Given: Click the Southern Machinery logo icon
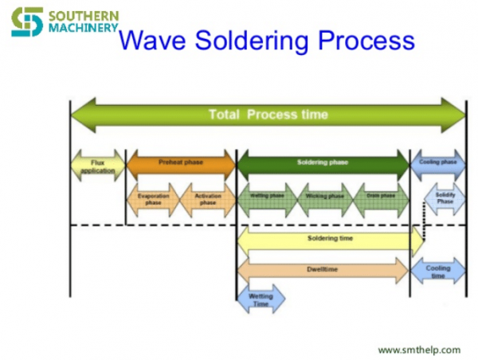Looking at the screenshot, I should click(26, 22).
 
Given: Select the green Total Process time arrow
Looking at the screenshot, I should click(268, 115).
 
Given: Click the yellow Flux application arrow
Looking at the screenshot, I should click(98, 166).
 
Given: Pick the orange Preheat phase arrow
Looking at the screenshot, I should click(181, 162).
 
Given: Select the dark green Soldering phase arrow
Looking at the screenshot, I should click(323, 162).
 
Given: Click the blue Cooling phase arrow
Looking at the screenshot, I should click(437, 162).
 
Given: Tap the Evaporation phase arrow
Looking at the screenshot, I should click(153, 199).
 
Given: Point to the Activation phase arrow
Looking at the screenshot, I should click(207, 199).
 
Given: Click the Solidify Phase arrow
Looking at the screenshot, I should click(444, 198).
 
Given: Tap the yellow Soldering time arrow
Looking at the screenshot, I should click(329, 238).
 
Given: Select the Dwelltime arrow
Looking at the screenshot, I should click(323, 270).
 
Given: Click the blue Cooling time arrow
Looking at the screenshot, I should click(437, 271).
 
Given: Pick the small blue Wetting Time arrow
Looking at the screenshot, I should click(261, 299).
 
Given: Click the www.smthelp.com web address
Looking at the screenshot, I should click(418, 350).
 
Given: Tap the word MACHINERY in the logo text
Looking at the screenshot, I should click(83, 28).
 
